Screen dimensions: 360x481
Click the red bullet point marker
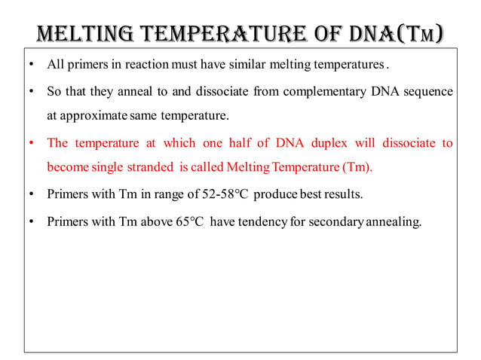click(x=30, y=143)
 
